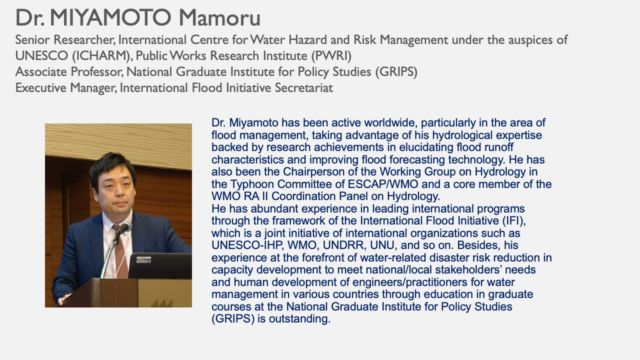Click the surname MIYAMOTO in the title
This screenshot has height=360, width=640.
pyautogui.click(x=110, y=17)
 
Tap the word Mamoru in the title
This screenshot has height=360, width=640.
pyautogui.click(x=219, y=17)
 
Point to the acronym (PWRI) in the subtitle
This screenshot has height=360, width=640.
pyautogui.click(x=331, y=55)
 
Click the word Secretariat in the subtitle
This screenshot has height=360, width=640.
pyautogui.click(x=303, y=87)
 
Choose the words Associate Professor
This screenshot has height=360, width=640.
pyautogui.click(x=69, y=71)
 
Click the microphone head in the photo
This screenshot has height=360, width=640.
pyautogui.click(x=125, y=227)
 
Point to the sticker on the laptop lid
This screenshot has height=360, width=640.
pyautogui.click(x=143, y=259)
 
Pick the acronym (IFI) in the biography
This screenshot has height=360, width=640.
pyautogui.click(x=514, y=221)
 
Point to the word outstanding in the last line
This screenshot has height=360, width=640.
pyautogui.click(x=299, y=319)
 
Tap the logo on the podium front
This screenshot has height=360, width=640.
pyautogui.click(x=161, y=303)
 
